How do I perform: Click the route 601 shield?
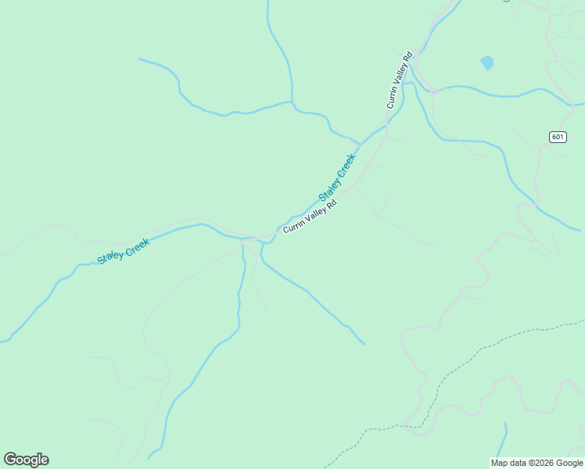(557, 137)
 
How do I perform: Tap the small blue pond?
(487, 63)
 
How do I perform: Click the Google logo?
(26, 460)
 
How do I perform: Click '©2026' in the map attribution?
(539, 464)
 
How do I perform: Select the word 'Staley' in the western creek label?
(110, 256)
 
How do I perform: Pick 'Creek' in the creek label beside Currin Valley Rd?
(346, 164)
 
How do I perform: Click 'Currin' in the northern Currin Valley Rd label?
(393, 97)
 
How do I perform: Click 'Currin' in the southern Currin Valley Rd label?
(293, 226)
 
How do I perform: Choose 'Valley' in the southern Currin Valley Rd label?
(314, 214)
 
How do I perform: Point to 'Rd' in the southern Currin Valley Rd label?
(332, 204)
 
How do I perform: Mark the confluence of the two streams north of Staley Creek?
(292, 102)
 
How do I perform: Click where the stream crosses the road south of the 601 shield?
(537, 205)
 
